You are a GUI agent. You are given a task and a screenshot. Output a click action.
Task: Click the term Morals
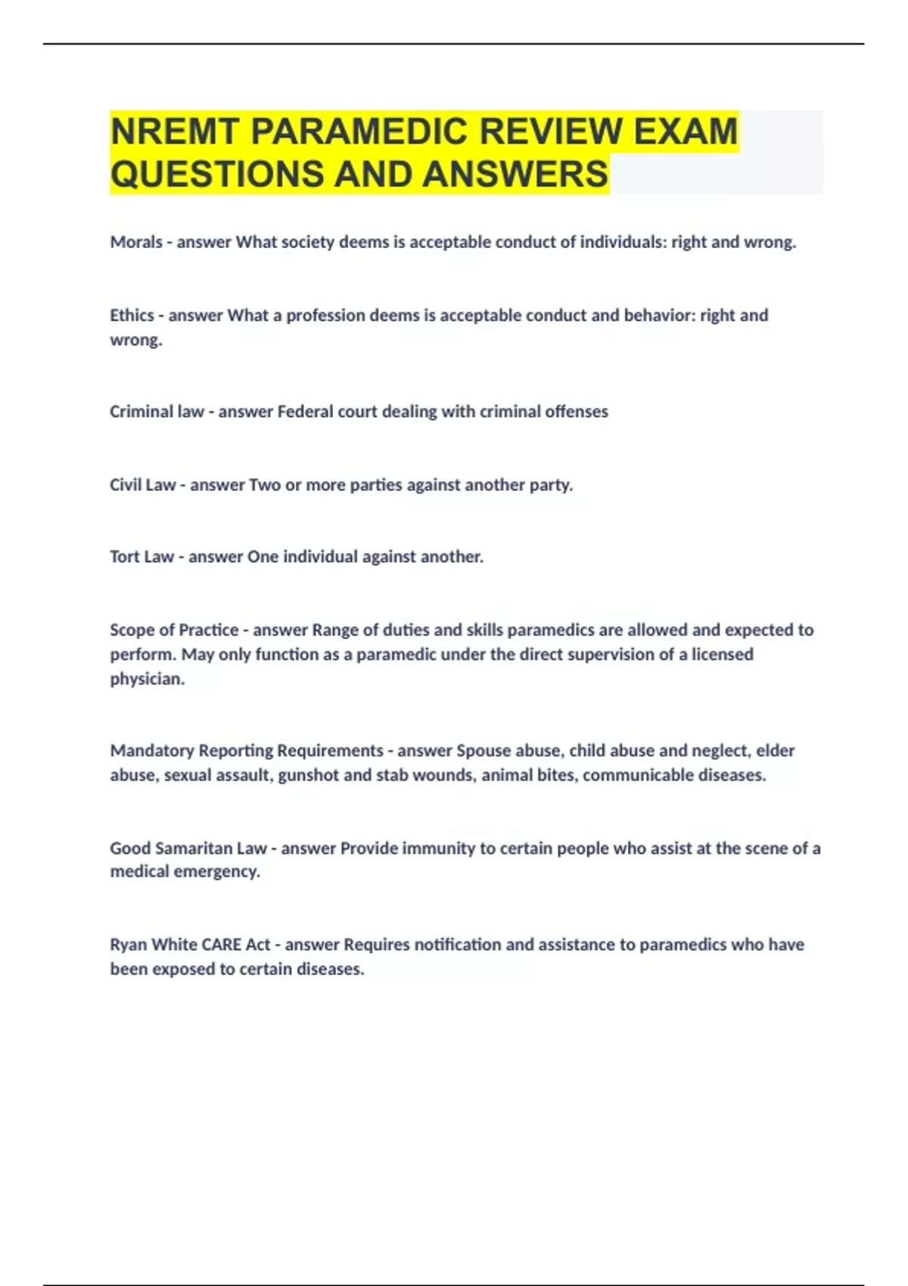tap(136, 242)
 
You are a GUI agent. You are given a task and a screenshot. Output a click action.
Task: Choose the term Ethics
tap(132, 315)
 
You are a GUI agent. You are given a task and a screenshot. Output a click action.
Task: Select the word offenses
tap(576, 412)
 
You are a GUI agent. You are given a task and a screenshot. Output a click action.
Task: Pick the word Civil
tap(126, 485)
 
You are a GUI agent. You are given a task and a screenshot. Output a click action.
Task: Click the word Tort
tap(124, 557)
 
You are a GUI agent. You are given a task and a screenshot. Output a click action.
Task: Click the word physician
tap(147, 679)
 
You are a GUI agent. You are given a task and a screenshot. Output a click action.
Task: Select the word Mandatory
tap(151, 750)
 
